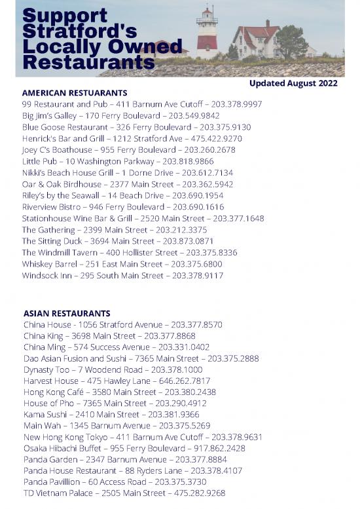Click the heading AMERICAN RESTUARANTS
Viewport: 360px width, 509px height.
click(x=74, y=93)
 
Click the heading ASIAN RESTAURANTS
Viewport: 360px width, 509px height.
click(x=67, y=313)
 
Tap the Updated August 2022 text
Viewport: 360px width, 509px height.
click(x=293, y=83)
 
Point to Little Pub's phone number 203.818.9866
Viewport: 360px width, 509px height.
click(x=188, y=161)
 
